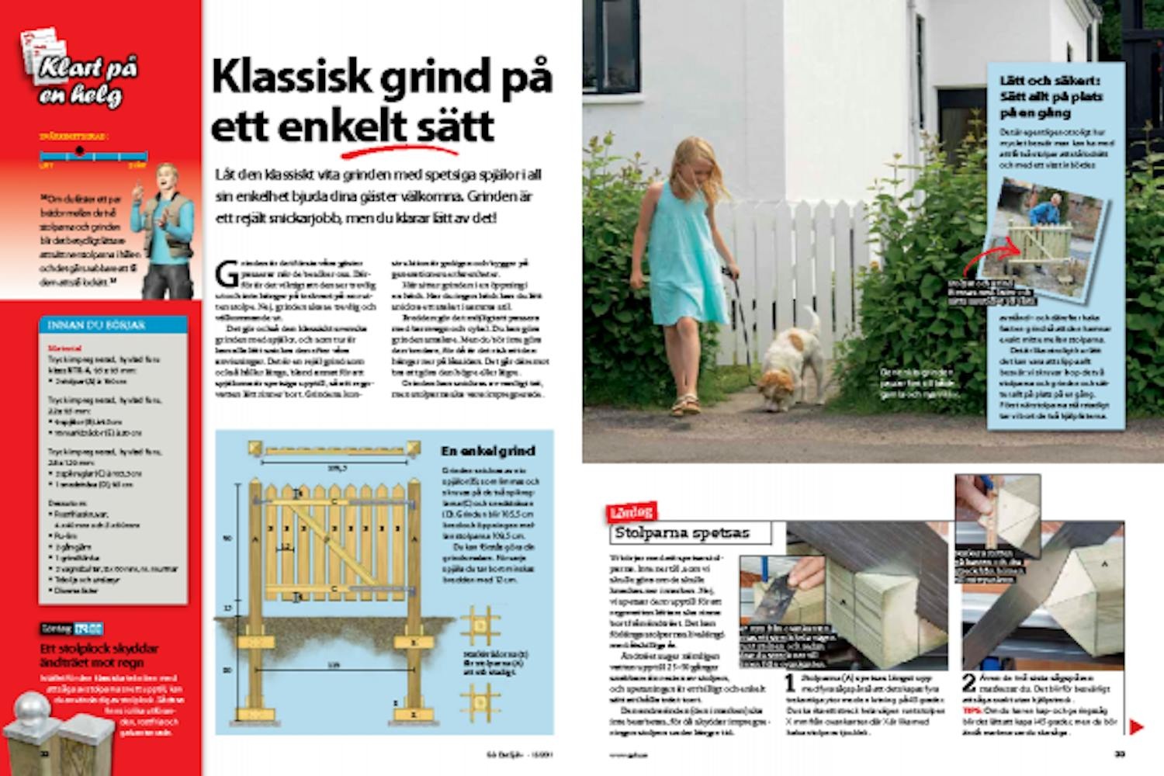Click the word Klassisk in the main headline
pos(291,78)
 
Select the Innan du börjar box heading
pos(96,325)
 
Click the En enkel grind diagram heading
pos(487,451)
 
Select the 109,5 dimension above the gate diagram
pos(335,468)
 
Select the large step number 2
pos(968,684)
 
